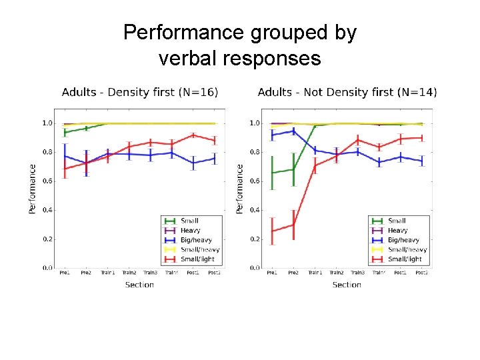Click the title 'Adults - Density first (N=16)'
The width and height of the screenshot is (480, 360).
click(139, 92)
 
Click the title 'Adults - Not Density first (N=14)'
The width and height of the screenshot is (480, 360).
click(346, 92)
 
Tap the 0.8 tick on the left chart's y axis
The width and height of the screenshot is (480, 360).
click(48, 152)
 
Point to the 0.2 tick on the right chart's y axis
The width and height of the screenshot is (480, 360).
click(255, 239)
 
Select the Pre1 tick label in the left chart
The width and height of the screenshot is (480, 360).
click(65, 273)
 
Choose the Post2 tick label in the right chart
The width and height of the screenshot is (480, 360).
click(421, 273)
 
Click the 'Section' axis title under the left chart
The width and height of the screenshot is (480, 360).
click(139, 285)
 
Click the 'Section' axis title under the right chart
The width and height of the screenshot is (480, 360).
click(347, 285)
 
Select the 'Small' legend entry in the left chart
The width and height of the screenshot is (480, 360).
click(189, 221)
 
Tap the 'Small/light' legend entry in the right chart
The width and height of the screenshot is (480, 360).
click(404, 259)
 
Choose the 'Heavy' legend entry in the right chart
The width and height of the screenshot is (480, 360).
click(397, 230)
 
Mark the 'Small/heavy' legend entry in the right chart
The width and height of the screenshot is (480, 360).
click(406, 249)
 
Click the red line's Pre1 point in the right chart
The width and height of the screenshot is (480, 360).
click(272, 231)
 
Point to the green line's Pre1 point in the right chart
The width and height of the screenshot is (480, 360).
click(272, 173)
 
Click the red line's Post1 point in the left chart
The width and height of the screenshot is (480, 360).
click(193, 135)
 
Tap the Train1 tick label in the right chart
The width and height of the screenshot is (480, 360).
click(314, 273)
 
